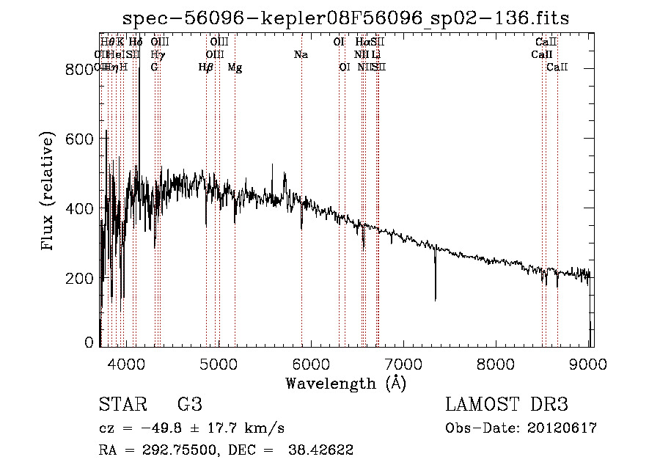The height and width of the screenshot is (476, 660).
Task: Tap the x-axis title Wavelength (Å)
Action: pos(345,383)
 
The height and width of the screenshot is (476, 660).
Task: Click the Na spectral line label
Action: pos(301,54)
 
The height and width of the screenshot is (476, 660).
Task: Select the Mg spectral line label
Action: pos(235,67)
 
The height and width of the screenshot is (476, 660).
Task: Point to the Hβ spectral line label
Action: pos(206,67)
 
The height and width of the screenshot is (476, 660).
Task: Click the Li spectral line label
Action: pos(375,54)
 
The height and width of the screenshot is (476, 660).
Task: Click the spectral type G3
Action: pos(190,405)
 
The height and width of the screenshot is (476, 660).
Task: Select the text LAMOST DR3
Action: pos(507,405)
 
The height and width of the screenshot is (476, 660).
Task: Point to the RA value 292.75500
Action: pos(184,450)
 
